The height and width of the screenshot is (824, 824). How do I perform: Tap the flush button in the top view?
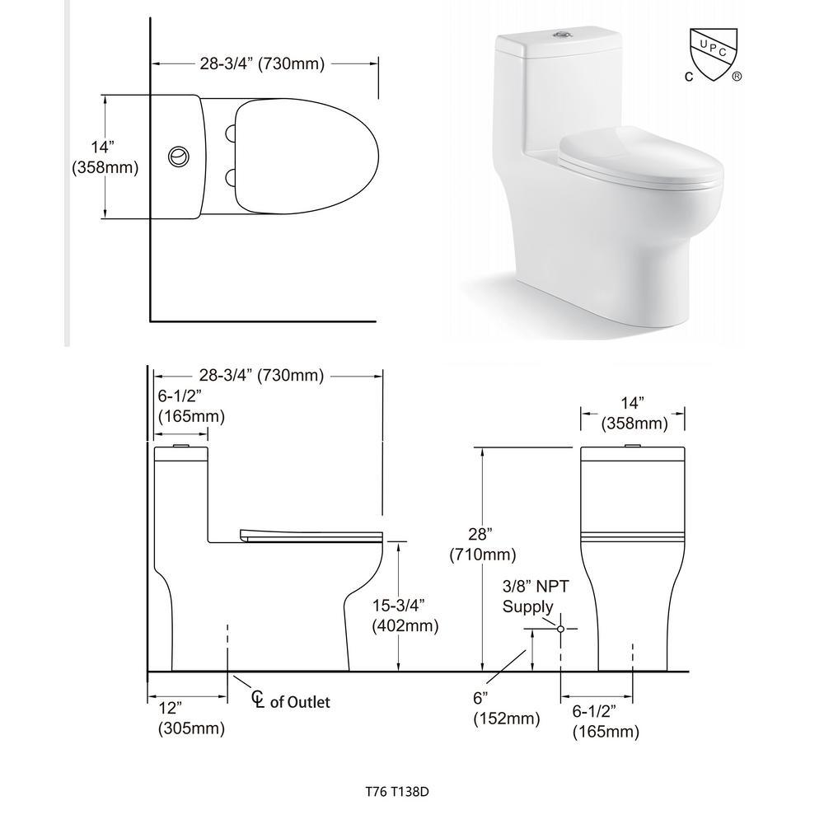[x=179, y=157]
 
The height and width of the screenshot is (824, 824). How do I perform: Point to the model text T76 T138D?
[x=397, y=791]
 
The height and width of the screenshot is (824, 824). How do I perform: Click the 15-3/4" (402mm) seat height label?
[x=405, y=616]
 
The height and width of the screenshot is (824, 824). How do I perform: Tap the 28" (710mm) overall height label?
[x=482, y=544]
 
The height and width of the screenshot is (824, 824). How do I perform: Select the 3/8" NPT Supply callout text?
[x=536, y=596]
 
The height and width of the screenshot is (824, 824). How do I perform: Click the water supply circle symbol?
[x=560, y=629]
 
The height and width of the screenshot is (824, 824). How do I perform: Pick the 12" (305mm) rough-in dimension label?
[x=191, y=718]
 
